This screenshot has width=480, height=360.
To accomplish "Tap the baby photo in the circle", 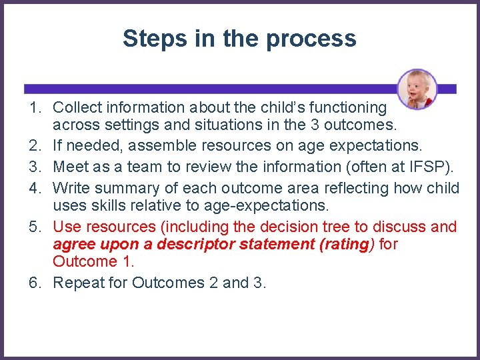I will point(417,89).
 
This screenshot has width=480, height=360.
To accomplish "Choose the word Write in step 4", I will point(71,188).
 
